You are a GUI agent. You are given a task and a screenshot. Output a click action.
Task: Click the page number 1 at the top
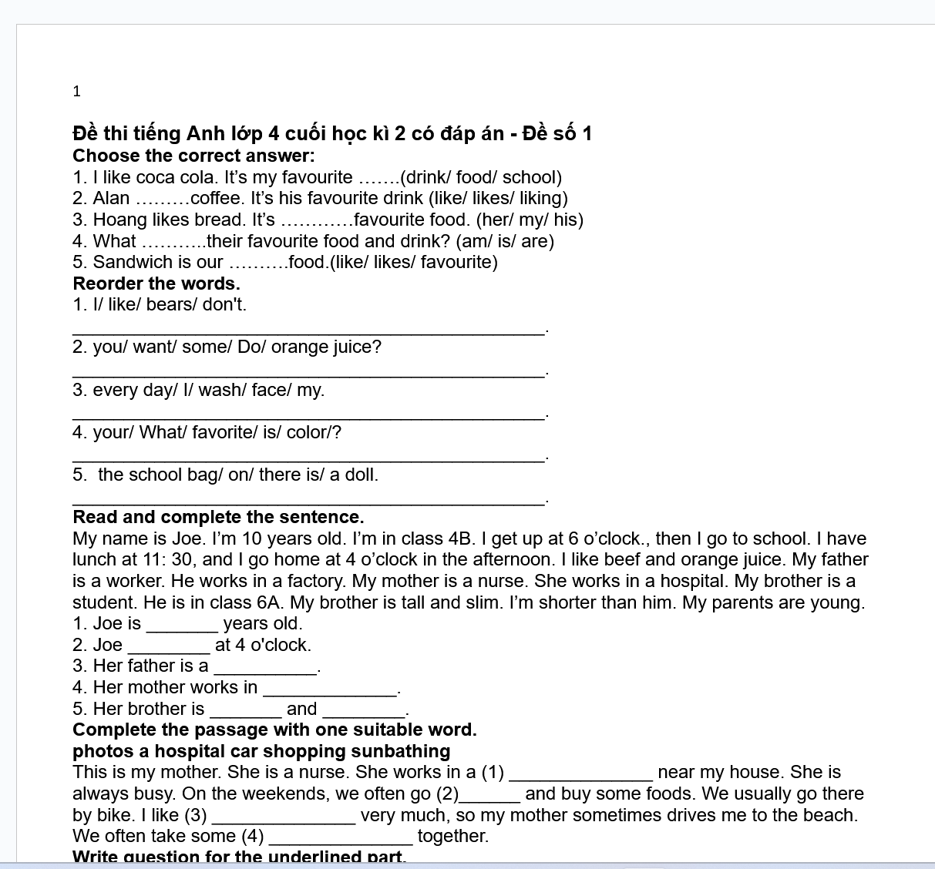76,92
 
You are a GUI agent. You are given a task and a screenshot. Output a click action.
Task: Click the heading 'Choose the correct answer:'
193,156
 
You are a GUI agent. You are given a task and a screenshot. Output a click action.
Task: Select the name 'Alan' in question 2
111,198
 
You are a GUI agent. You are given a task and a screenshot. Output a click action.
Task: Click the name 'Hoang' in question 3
119,220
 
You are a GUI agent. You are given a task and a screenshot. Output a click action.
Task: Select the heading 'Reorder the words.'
156,284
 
